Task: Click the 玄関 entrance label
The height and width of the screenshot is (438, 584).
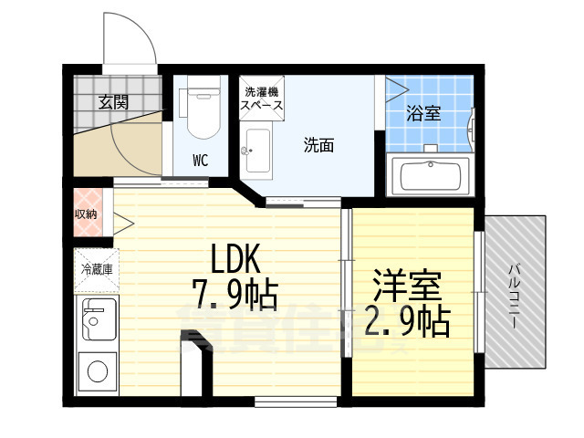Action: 114,101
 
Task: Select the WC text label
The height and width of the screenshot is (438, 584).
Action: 200,161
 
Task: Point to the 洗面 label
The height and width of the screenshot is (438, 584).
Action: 318,145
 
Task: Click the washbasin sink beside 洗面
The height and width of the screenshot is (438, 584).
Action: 256,151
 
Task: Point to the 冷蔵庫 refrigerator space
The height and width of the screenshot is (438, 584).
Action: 96,270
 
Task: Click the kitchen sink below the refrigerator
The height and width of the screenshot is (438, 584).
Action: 95,318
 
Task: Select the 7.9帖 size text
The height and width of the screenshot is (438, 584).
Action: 235,296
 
